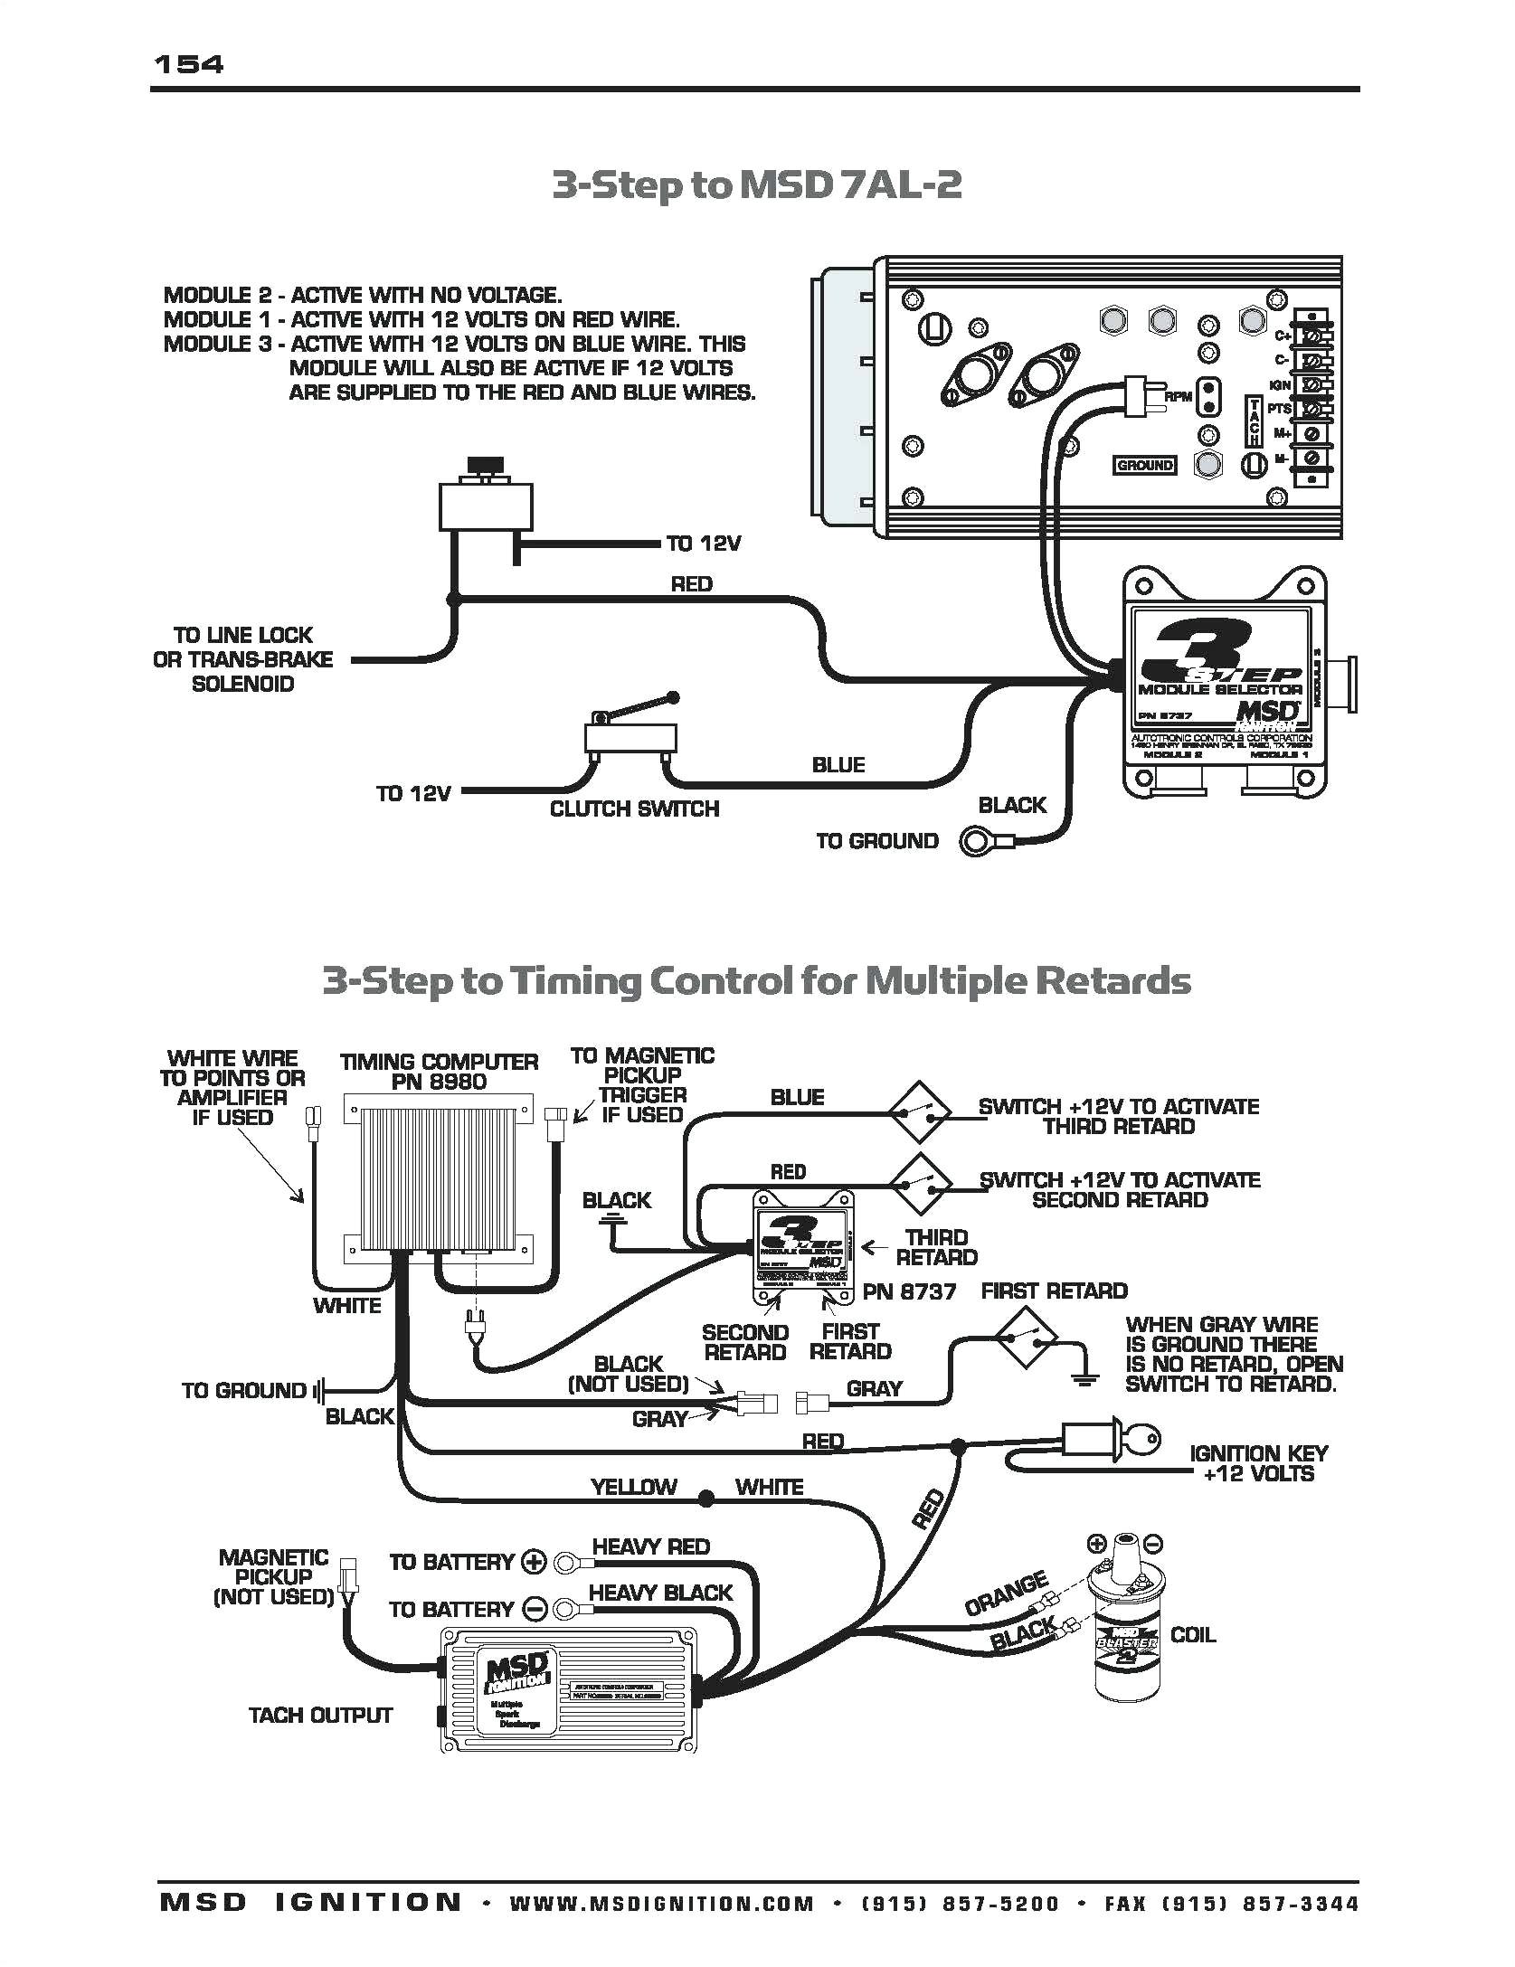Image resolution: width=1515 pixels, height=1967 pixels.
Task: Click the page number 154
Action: [189, 64]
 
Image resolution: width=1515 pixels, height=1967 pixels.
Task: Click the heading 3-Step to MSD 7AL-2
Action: [756, 185]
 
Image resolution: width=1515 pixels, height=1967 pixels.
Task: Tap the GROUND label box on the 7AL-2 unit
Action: [1144, 465]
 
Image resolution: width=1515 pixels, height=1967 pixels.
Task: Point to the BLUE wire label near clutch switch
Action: [838, 765]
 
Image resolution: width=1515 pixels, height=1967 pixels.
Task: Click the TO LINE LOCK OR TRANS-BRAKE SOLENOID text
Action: [242, 659]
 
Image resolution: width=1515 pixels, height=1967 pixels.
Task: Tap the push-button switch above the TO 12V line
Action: [486, 500]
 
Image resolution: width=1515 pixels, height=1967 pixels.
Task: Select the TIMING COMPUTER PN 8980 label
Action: [439, 1072]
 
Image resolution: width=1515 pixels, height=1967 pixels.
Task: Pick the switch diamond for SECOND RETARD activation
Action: [919, 1184]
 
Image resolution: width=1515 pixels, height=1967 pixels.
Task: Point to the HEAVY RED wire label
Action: [650, 1546]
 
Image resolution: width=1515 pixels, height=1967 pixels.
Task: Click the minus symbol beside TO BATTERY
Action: [535, 1609]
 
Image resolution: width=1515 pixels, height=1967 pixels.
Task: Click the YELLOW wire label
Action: [633, 1488]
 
